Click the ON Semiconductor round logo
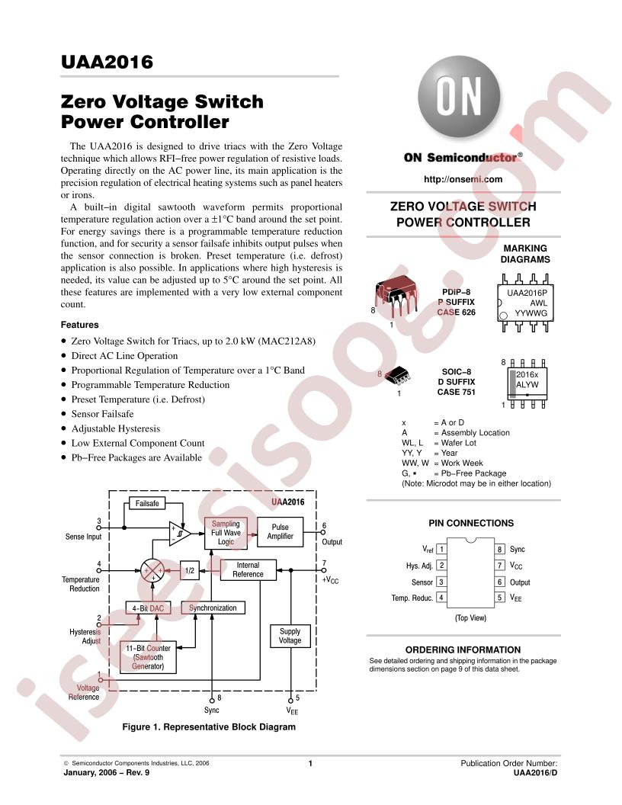(x=458, y=98)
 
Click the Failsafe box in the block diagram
(x=147, y=504)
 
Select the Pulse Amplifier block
(x=281, y=532)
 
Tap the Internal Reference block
(x=248, y=570)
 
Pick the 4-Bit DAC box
(x=149, y=608)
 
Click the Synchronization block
(x=213, y=608)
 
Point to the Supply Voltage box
(x=290, y=636)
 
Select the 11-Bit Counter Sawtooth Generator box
(x=149, y=657)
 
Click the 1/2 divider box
(x=190, y=570)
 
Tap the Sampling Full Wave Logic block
(x=226, y=533)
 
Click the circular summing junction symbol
(x=153, y=570)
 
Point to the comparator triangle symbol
(x=180, y=534)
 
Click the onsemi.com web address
(x=463, y=179)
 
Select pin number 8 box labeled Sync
(x=499, y=550)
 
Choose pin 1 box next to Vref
(x=441, y=550)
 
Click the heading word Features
(x=79, y=325)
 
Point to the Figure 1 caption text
(x=209, y=726)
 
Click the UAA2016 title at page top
(x=107, y=62)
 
